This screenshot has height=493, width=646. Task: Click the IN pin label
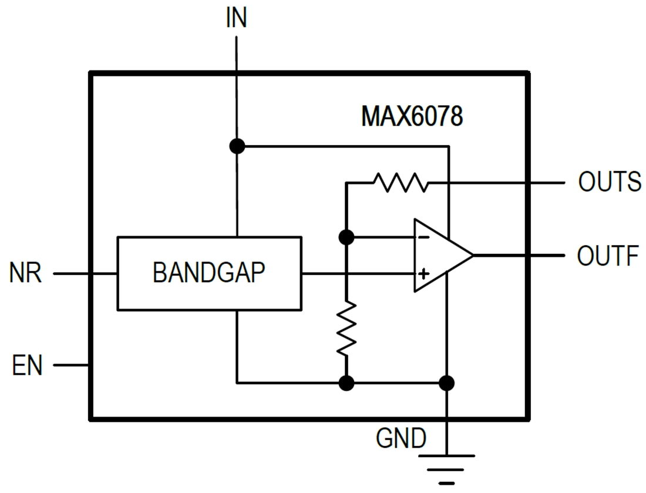point(236,18)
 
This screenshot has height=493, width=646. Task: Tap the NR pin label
point(26,274)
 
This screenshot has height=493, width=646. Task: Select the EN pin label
point(27,365)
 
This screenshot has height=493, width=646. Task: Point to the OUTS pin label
point(609,182)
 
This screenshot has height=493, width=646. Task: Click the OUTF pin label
point(607,256)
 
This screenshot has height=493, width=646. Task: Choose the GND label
point(401,438)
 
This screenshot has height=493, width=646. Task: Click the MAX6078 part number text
point(412,116)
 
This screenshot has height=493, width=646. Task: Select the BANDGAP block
point(209,273)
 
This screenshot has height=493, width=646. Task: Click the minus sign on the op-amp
point(422,237)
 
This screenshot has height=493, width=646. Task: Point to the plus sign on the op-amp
point(422,274)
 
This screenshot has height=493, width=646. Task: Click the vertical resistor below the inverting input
point(346,328)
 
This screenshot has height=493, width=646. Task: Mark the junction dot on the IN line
point(237,146)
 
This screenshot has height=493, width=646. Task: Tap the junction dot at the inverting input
point(346,237)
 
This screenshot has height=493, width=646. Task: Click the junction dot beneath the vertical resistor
point(346,383)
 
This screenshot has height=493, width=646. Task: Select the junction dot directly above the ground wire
point(447,383)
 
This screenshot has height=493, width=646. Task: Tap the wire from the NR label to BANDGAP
point(85,274)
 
